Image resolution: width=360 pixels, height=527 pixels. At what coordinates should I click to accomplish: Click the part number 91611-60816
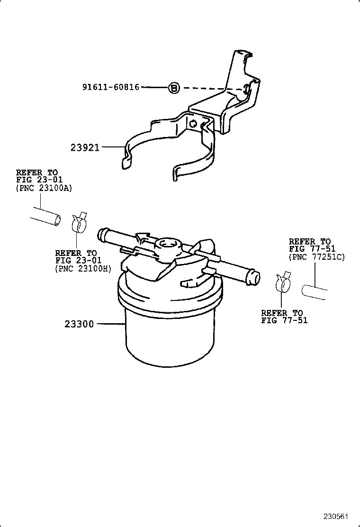coord(111,87)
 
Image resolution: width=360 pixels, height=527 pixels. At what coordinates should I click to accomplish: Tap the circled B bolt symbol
coord(174,88)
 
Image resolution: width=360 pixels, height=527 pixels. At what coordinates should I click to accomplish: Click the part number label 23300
coord(79,324)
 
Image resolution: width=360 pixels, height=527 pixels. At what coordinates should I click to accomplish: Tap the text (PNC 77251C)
coord(317,257)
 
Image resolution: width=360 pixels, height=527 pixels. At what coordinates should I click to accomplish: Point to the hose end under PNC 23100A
coord(46,218)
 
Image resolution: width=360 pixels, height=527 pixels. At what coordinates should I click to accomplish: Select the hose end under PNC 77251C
coord(313,290)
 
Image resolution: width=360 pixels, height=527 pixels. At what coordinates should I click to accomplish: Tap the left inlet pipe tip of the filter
coord(101,233)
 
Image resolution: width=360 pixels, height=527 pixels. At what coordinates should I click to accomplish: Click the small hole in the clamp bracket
coord(193,124)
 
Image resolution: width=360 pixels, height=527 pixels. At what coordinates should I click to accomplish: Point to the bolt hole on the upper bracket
coord(247,89)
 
